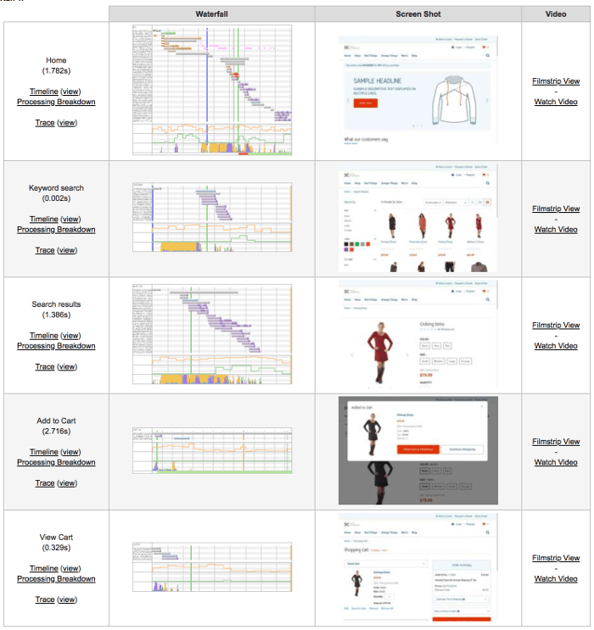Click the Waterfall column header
(x=212, y=14)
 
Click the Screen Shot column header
(x=417, y=14)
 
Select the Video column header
(x=556, y=14)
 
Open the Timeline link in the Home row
(x=43, y=92)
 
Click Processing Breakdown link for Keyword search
(x=56, y=230)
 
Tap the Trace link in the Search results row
(x=44, y=366)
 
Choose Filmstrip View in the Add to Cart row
(x=556, y=442)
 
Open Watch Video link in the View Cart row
(x=556, y=578)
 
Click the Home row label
(x=56, y=60)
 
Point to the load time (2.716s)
(x=56, y=432)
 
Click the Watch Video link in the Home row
(x=556, y=102)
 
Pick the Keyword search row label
(x=56, y=188)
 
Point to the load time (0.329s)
(x=56, y=548)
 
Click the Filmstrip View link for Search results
(x=556, y=326)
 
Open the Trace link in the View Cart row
(x=44, y=599)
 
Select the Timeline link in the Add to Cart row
(x=43, y=452)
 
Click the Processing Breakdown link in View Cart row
(x=56, y=579)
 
